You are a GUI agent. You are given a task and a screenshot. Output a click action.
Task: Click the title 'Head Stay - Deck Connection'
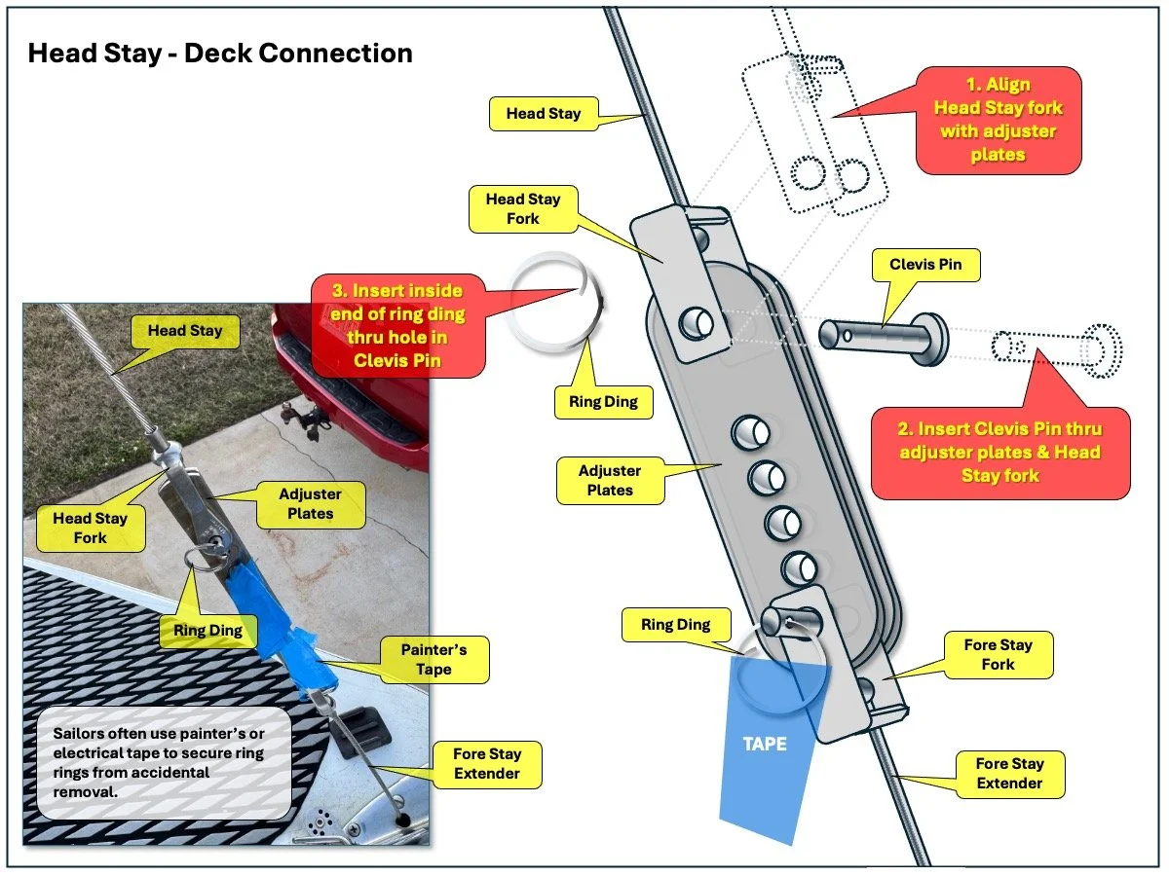pos(220,53)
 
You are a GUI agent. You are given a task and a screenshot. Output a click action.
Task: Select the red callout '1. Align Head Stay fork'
pos(998,120)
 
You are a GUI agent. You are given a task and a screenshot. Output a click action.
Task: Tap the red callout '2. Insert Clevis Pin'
pos(999,452)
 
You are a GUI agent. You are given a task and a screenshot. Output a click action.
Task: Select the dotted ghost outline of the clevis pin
pos(1057,347)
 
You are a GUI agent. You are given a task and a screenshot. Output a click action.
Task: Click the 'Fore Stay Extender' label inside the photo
pos(486,764)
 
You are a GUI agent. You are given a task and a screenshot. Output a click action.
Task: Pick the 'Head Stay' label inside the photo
pos(185,331)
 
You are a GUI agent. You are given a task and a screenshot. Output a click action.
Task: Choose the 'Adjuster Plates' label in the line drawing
pos(610,481)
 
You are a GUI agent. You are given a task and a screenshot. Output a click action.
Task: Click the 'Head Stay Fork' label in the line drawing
pos(523,209)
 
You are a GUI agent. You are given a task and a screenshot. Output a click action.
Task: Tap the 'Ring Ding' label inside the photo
pos(208,630)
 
